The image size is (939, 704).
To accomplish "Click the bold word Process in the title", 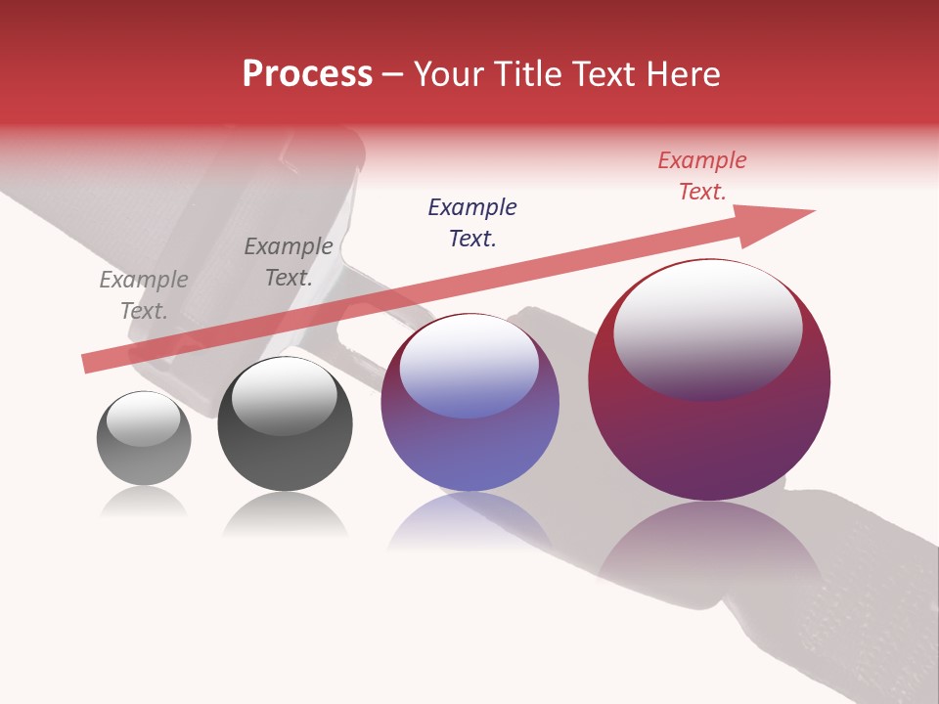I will point(307,74).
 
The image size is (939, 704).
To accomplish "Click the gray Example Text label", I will point(144,295).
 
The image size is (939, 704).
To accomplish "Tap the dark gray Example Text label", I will point(289,262).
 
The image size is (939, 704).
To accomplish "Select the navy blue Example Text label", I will point(472,223).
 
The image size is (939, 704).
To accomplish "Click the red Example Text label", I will point(702,176).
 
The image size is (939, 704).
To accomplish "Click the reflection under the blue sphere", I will point(469,523).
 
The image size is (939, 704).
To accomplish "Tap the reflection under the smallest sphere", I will point(144,503).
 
